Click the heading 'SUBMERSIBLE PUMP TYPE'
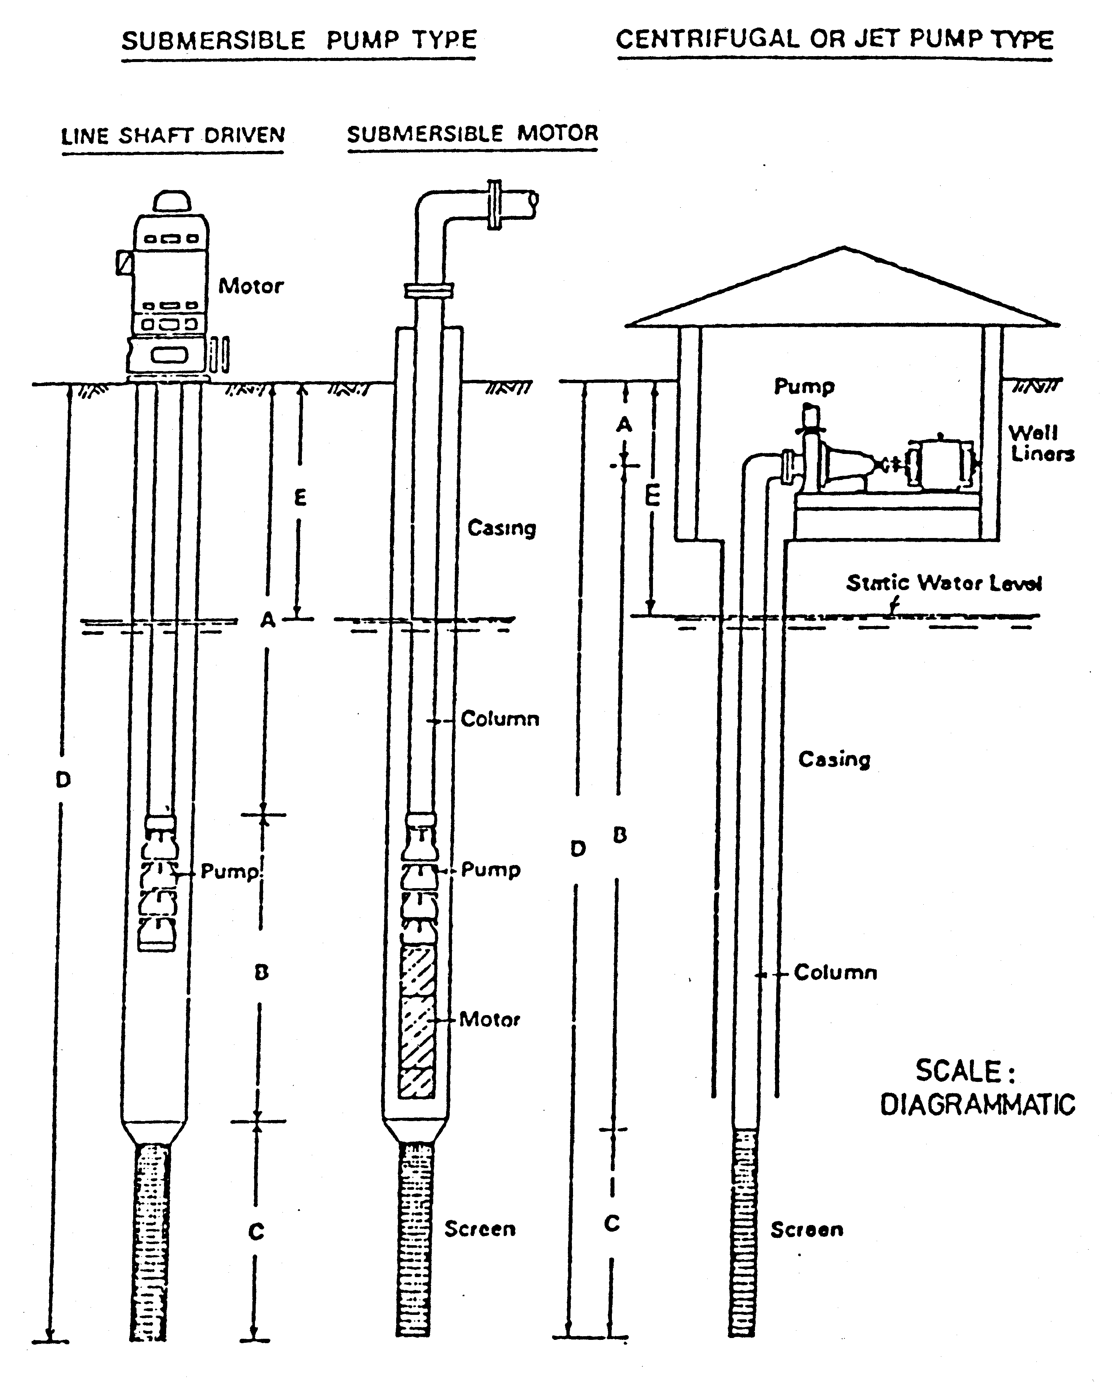(x=299, y=40)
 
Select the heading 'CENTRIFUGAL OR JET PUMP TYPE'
(x=834, y=40)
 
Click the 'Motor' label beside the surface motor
(x=250, y=286)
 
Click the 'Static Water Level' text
(x=943, y=583)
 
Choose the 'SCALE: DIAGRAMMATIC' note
(x=977, y=1088)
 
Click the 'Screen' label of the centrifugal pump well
(x=807, y=1230)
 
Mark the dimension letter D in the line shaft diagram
(x=62, y=780)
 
